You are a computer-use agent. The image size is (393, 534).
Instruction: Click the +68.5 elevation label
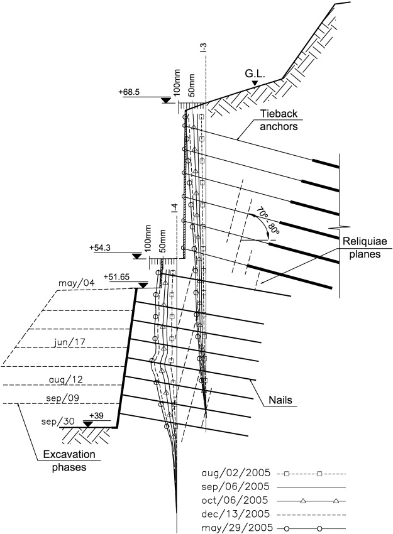coord(128,92)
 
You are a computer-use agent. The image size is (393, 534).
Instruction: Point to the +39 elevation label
coord(96,416)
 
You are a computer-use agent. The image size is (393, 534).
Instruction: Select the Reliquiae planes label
coord(357,245)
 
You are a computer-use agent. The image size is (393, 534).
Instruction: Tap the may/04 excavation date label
coord(73,283)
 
